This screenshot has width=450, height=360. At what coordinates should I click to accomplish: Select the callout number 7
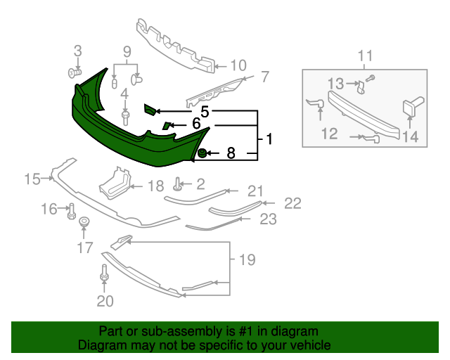pyautogui.click(x=265, y=77)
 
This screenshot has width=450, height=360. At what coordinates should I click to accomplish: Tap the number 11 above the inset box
pyautogui.click(x=365, y=56)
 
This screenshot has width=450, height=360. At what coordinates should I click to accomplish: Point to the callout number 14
pyautogui.click(x=410, y=137)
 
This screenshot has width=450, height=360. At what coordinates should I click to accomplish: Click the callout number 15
pyautogui.click(x=32, y=179)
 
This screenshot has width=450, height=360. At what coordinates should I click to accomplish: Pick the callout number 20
pyautogui.click(x=104, y=302)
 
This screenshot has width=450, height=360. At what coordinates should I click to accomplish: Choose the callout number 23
pyautogui.click(x=268, y=219)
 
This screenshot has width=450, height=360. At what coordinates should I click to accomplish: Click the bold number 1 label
pyautogui.click(x=269, y=140)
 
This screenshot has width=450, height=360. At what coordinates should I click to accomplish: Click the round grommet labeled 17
pyautogui.click(x=84, y=224)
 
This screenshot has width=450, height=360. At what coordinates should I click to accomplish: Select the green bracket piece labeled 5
pyautogui.click(x=149, y=109)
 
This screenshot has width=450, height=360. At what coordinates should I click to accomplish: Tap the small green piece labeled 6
pyautogui.click(x=167, y=126)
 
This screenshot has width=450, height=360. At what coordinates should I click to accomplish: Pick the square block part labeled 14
pyautogui.click(x=409, y=109)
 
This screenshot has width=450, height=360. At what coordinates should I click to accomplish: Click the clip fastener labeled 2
pyautogui.click(x=179, y=185)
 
